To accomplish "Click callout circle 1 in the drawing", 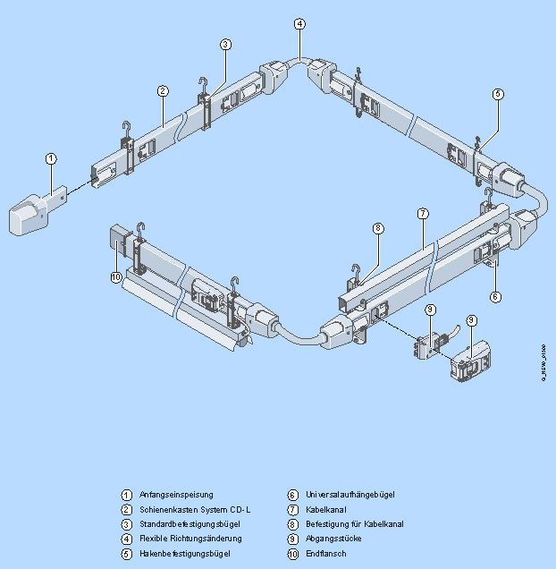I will [52, 158].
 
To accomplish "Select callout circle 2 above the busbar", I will [163, 90].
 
